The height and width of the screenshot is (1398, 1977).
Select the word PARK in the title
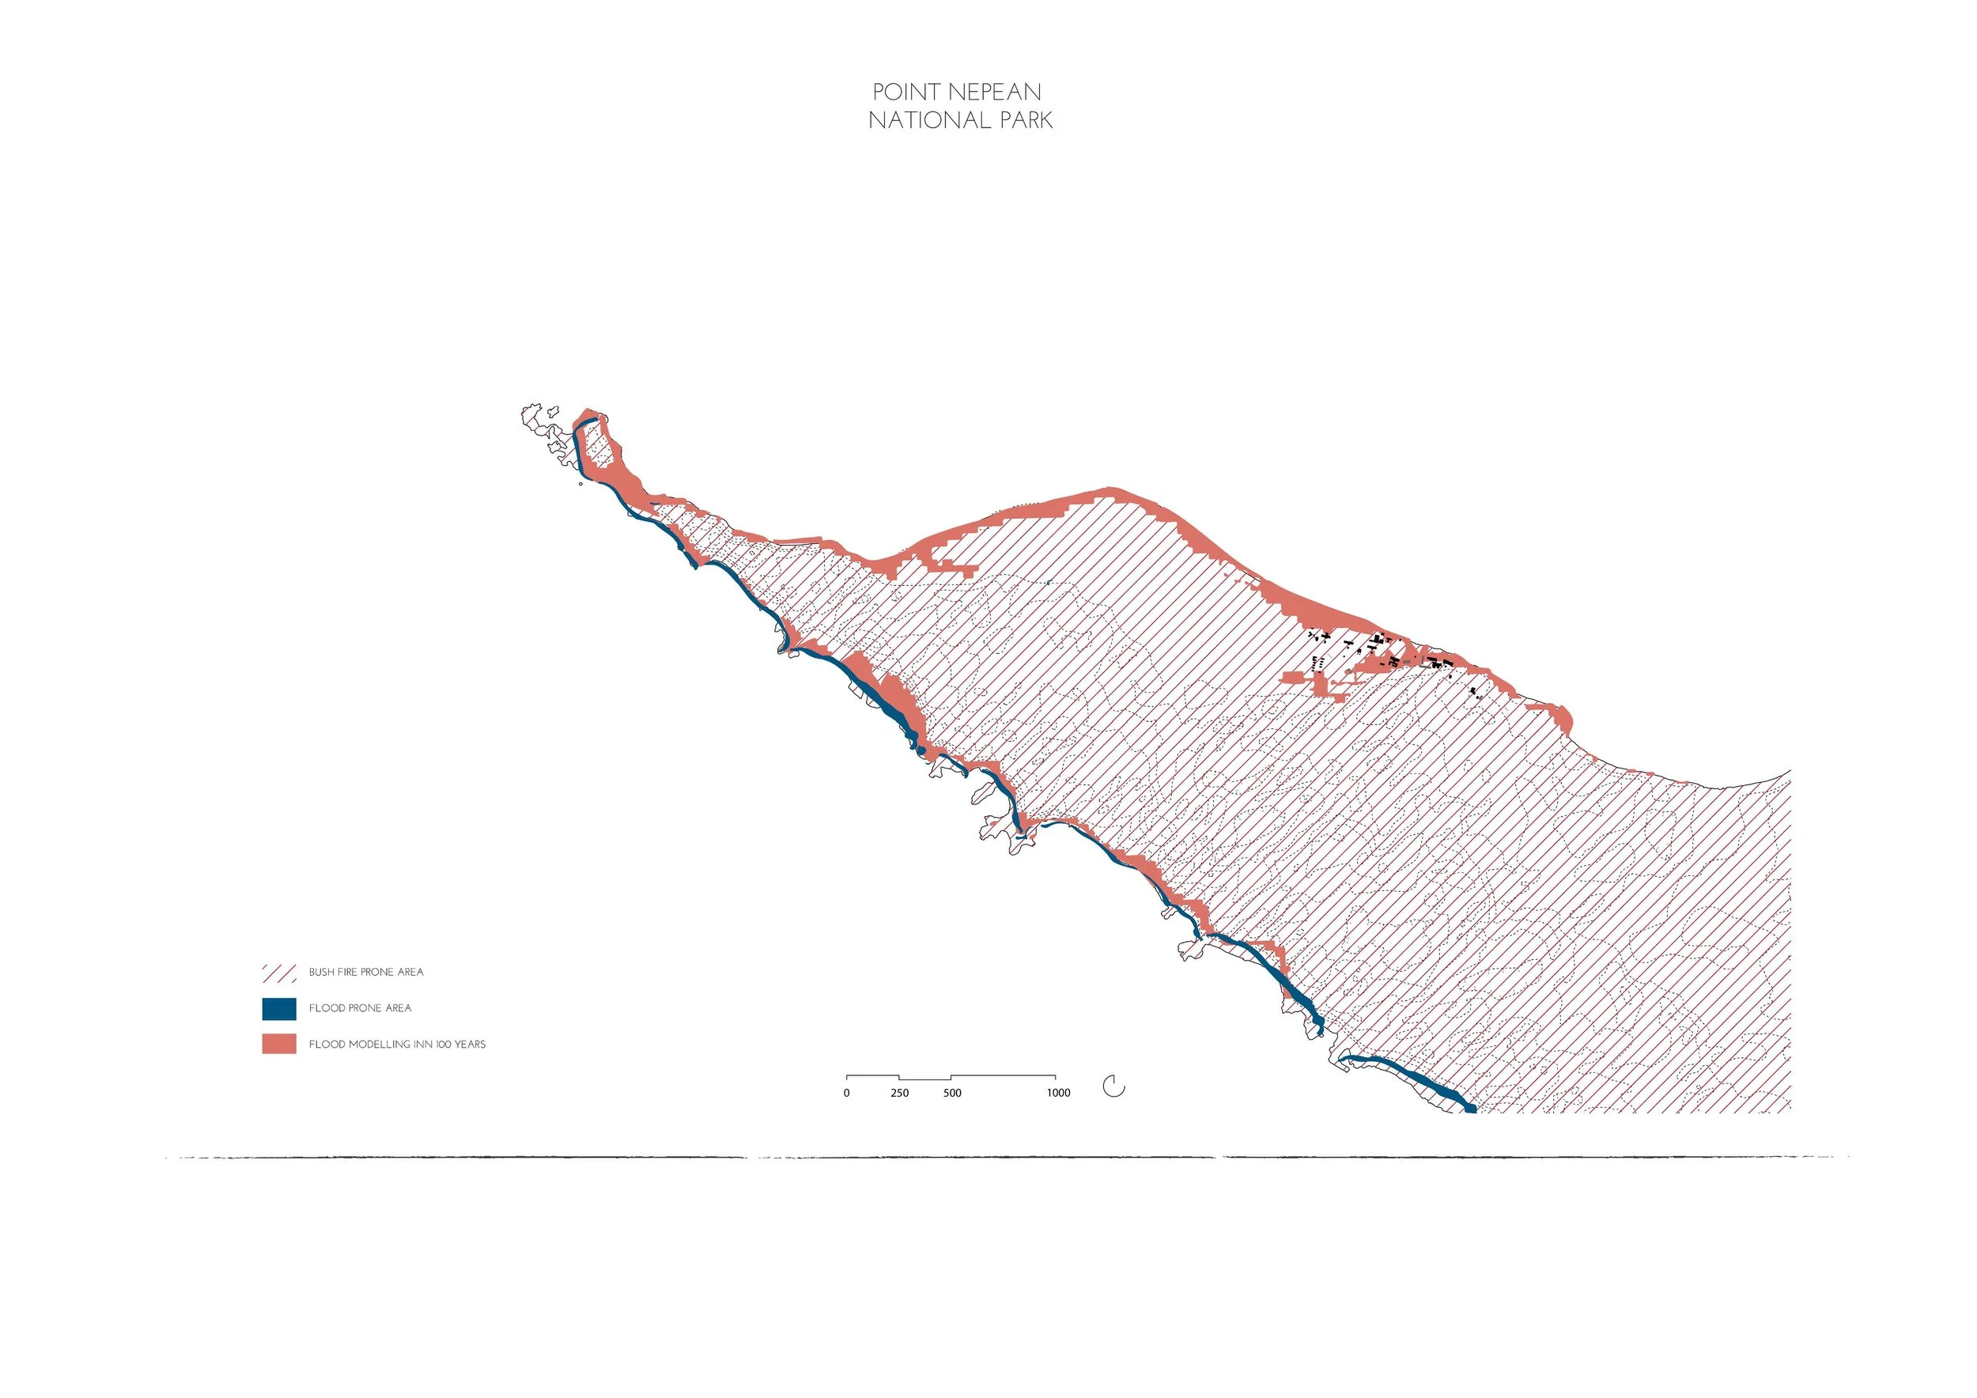[1024, 120]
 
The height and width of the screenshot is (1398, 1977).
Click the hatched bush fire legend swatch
[279, 973]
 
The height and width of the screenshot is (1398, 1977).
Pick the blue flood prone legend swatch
[279, 1008]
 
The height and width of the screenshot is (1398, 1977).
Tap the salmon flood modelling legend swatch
[279, 1045]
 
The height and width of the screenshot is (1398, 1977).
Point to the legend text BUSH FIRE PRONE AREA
[366, 972]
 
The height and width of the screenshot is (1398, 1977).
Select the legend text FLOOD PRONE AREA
[360, 1008]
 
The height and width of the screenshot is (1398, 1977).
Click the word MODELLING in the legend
[376, 1045]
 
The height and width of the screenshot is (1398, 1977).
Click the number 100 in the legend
[437, 1045]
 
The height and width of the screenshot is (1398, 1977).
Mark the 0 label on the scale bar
[846, 1094]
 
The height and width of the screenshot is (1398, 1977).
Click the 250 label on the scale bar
[899, 1094]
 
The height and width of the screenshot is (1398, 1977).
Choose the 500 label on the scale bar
[952, 1094]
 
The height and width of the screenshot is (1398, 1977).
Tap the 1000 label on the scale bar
[1058, 1094]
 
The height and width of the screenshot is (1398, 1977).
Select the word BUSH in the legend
[321, 972]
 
